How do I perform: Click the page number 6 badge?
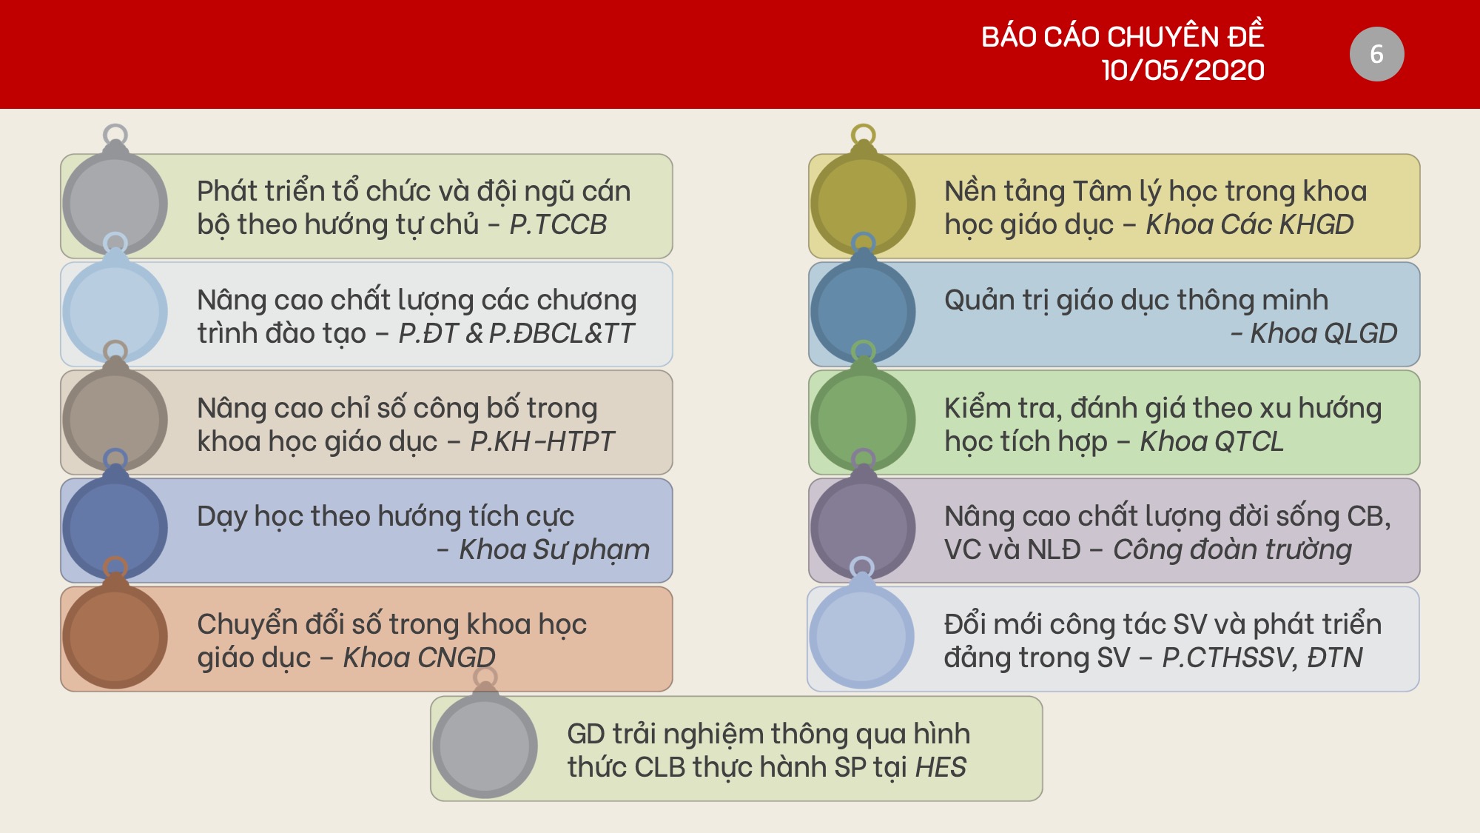(x=1376, y=54)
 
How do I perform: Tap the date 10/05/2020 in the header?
(x=1183, y=70)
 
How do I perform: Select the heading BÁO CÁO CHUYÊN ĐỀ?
(x=1123, y=36)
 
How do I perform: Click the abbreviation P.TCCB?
(x=558, y=224)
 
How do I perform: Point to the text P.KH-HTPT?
(x=542, y=441)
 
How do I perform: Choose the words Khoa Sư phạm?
(x=554, y=550)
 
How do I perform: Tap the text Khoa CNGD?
(x=419, y=658)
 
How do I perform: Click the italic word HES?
(x=941, y=767)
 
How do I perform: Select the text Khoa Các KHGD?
(x=1250, y=224)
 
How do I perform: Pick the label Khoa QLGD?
(x=1323, y=333)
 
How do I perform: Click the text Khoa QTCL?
(x=1211, y=441)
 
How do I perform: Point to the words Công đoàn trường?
(x=1232, y=549)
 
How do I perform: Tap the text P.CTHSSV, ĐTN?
(x=1262, y=658)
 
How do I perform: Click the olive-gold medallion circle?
(x=863, y=203)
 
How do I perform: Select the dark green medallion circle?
(x=863, y=420)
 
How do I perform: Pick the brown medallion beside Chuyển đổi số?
(x=115, y=636)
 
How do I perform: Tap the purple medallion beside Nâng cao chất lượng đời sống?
(x=863, y=528)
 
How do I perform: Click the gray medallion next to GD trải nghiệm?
(x=485, y=746)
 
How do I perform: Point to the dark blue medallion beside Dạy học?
(x=115, y=528)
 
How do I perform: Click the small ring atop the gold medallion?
(x=863, y=126)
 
